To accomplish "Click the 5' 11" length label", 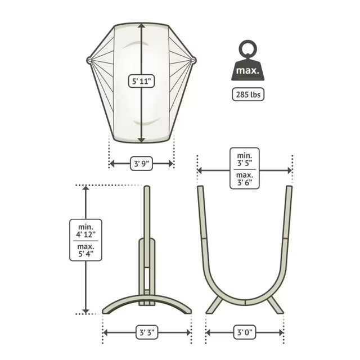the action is (x=141, y=81).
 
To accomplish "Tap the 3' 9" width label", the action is (x=141, y=164).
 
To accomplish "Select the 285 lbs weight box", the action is (x=248, y=94).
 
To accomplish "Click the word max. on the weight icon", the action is (x=247, y=70).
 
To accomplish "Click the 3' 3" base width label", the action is (x=147, y=332).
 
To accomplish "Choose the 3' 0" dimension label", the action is (x=245, y=332).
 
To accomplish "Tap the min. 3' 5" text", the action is (x=245, y=159).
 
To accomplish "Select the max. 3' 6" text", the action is (x=245, y=179).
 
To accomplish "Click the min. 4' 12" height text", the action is (x=85, y=231).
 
